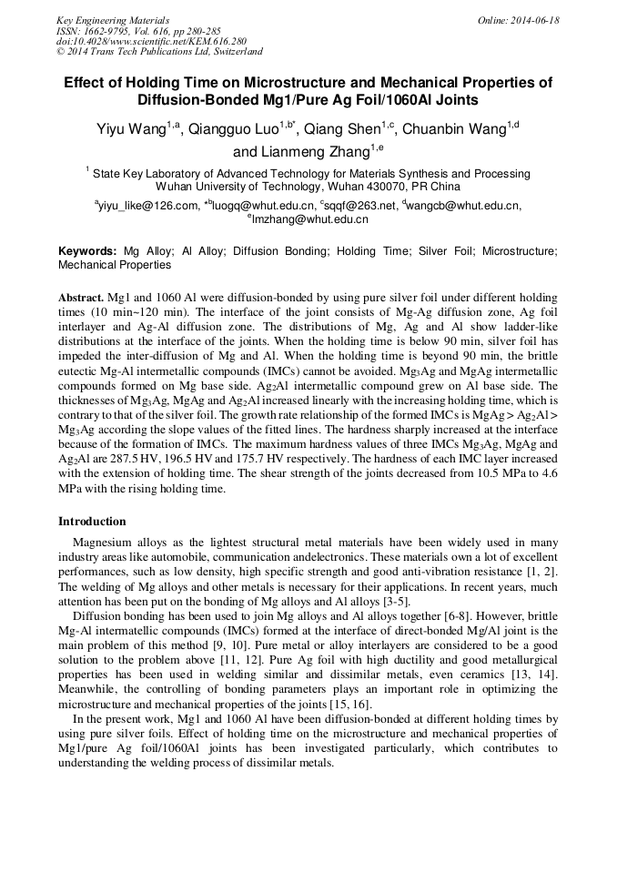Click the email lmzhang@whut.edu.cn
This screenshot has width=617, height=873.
309,219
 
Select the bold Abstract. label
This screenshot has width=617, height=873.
81,298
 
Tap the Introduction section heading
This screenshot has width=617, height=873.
92,522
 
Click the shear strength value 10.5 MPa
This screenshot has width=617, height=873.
488,475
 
